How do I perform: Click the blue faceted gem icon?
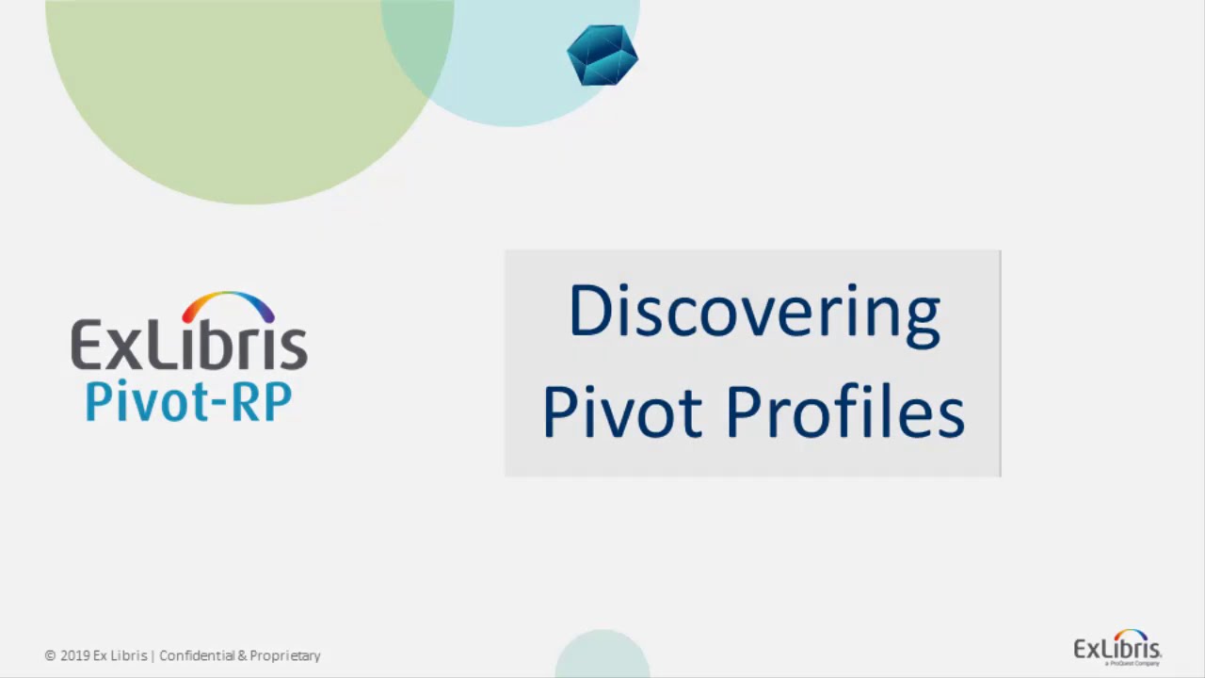[x=602, y=56]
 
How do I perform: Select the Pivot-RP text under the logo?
[x=188, y=400]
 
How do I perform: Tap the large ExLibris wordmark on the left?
[x=188, y=346]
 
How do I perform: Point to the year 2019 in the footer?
[x=74, y=655]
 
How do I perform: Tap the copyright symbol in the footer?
[x=50, y=655]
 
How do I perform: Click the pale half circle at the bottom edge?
[x=602, y=657]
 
